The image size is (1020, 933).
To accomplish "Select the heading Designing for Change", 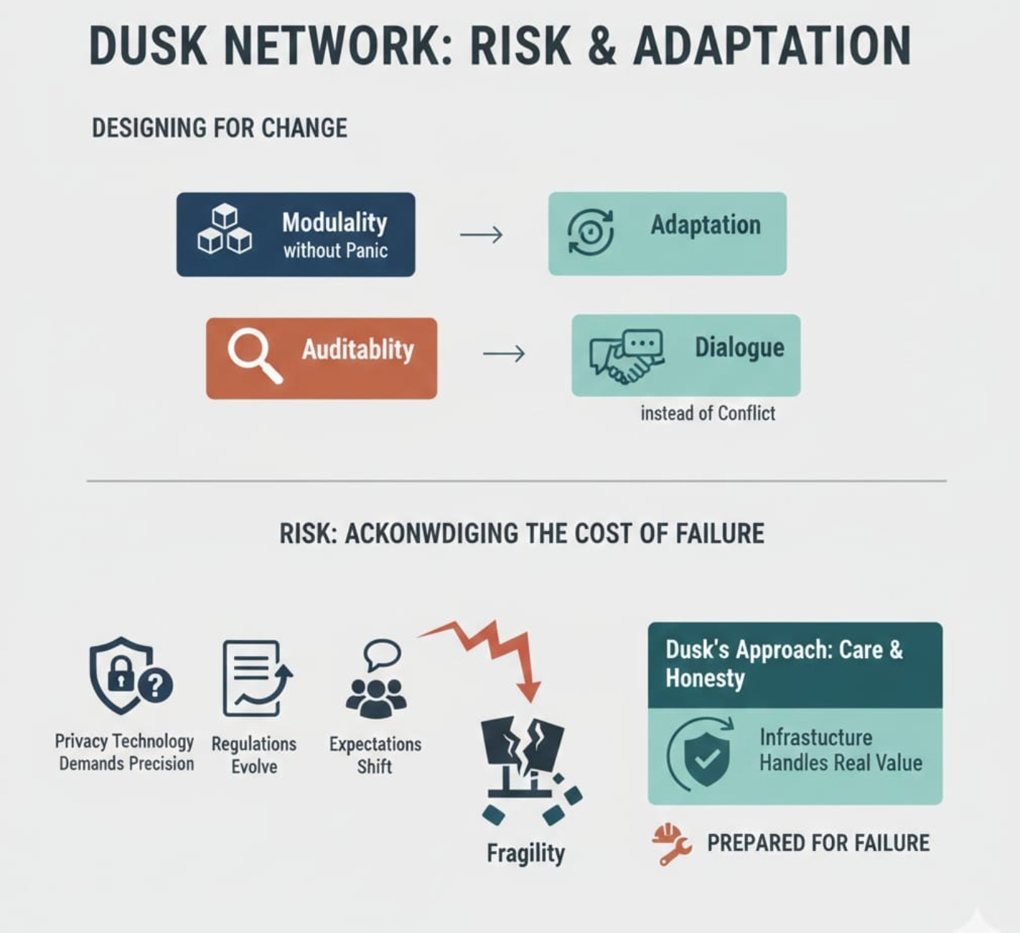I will pos(220,128).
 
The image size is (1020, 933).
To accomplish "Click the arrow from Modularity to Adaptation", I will pos(481,235).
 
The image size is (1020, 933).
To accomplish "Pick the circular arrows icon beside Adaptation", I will pos(591,233).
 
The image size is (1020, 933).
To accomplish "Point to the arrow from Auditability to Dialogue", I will pos(504,353).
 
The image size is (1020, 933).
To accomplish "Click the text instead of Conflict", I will pos(708,413).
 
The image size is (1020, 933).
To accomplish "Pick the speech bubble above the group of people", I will pos(382,655).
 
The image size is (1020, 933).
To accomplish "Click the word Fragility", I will pos(525,853).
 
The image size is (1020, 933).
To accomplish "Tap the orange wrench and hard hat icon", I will pos(672,844).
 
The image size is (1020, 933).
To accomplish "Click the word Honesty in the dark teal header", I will pos(705,678).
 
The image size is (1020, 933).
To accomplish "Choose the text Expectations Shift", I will pos(375,755).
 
